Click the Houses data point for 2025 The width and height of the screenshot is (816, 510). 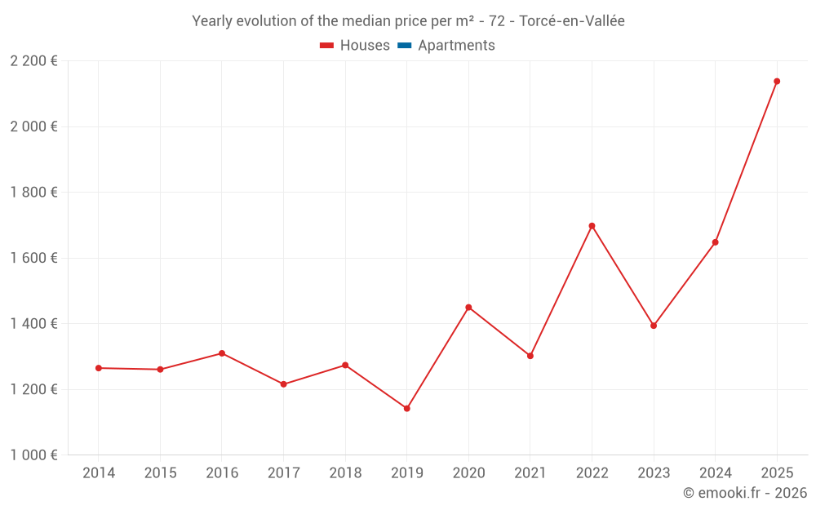(777, 82)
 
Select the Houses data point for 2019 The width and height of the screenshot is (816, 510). (407, 409)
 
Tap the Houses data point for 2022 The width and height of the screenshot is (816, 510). (592, 226)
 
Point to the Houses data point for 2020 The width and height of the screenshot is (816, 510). (468, 308)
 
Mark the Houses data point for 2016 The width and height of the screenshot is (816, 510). (222, 353)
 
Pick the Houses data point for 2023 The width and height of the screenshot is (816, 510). (654, 326)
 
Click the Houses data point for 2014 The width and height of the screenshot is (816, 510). (99, 368)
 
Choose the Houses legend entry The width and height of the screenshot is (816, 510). (355, 46)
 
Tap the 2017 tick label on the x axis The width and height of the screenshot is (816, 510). (283, 473)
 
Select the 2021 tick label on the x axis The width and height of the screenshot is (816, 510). (530, 473)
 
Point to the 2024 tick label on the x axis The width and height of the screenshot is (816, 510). (715, 473)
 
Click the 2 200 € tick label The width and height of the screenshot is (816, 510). (34, 61)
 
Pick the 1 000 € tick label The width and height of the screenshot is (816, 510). (34, 455)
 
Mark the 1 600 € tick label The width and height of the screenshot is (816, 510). (34, 258)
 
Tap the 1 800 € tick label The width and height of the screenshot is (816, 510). (34, 193)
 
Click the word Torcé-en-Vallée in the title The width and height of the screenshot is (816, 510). (572, 21)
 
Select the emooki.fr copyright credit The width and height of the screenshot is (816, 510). (745, 493)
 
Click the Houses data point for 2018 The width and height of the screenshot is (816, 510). (345, 366)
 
